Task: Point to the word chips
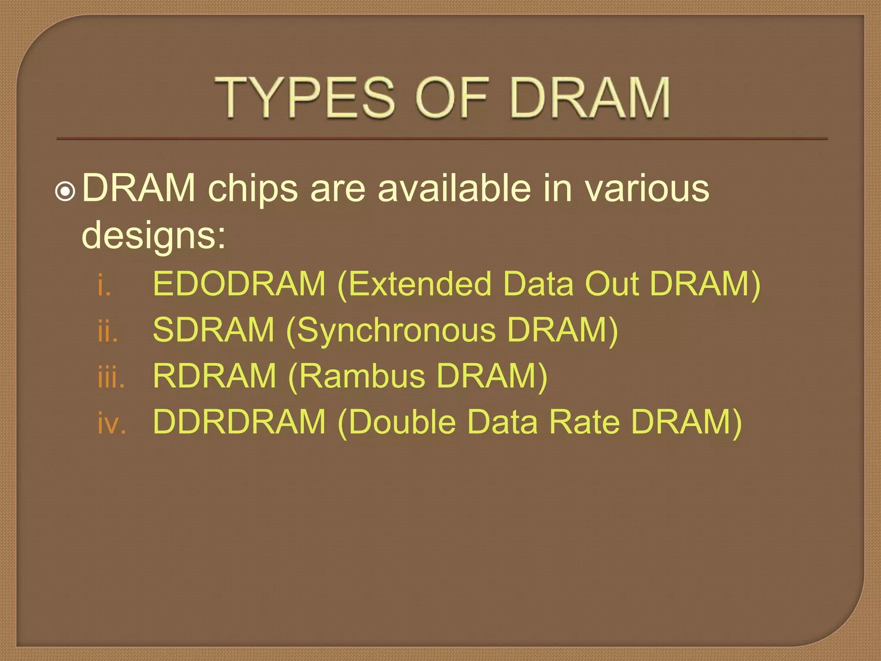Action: (253, 189)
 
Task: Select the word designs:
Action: (154, 236)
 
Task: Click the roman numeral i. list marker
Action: (104, 285)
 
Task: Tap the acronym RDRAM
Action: (214, 376)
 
